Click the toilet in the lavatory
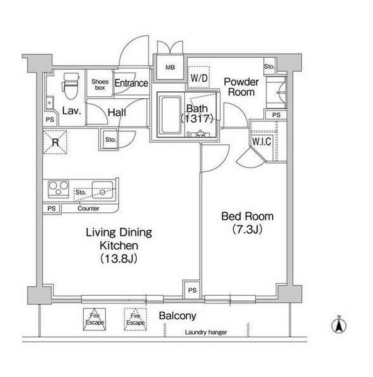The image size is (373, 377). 71,86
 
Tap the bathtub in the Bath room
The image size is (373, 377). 171,115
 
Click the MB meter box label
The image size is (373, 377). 170,67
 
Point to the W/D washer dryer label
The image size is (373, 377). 198,77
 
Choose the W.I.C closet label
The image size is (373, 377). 261,142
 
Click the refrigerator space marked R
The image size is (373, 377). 55,142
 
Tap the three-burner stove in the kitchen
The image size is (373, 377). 59,189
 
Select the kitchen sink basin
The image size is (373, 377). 103,190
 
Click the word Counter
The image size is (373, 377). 88,208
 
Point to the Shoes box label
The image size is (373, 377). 100,84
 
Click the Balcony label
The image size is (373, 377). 178,316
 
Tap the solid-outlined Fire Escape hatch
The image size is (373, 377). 95,319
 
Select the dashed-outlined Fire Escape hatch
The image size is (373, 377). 135,319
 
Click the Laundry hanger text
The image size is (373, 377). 206,332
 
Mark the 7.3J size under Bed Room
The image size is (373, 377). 247,229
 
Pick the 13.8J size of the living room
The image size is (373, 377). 118,259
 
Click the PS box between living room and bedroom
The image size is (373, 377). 192,290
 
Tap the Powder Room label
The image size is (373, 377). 241,87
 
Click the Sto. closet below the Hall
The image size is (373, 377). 110,140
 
